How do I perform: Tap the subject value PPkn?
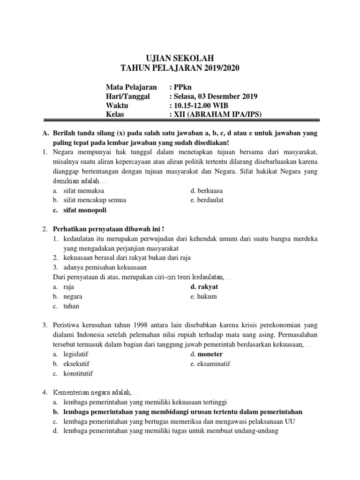coord(181,87)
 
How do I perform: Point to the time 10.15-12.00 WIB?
coord(202,105)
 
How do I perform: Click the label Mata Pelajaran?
coord(131,87)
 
